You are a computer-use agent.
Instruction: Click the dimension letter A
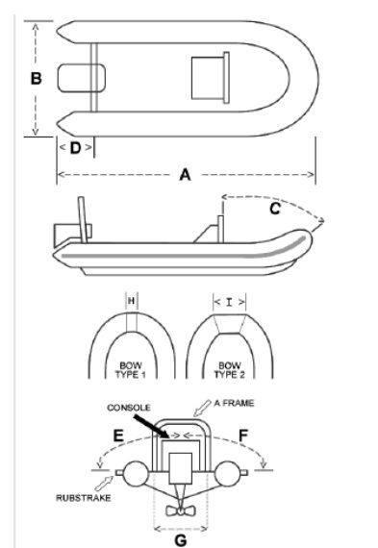pos(185,174)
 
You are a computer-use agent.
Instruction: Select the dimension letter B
pos(36,78)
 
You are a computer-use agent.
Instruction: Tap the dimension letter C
pos(275,209)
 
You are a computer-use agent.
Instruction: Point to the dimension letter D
pos(76,148)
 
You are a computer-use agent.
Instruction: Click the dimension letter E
pos(118,436)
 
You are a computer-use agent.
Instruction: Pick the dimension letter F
pos(243,436)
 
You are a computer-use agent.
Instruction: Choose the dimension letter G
pos(181,540)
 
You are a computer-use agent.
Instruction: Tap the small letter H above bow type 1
pos(131,301)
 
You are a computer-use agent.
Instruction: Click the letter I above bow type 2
pos(229,302)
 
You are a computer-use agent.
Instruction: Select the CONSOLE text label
pos(129,408)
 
